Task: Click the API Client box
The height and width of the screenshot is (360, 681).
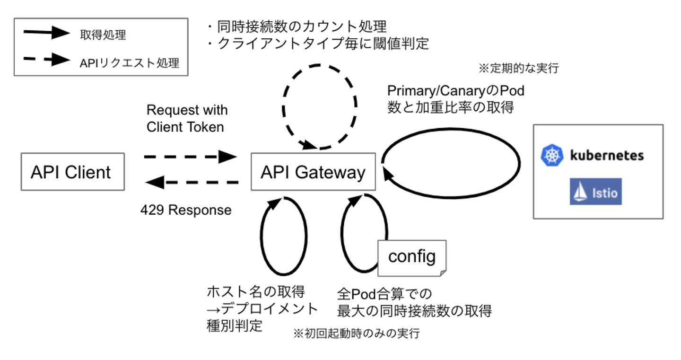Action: coord(72,171)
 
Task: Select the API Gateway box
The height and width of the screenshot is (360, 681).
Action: coord(313,172)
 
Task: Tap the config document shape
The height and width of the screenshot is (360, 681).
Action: coord(412,258)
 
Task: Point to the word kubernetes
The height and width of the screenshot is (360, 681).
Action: coord(607,155)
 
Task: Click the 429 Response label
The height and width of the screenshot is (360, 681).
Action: coord(186,210)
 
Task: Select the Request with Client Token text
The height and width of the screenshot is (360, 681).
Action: coord(186,118)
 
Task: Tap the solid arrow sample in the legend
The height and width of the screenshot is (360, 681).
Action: coord(46,33)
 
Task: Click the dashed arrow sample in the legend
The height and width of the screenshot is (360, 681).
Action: coord(46,60)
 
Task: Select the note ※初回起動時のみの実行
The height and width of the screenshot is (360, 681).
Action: coord(357,334)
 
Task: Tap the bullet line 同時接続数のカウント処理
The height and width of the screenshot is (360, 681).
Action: coord(297,26)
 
